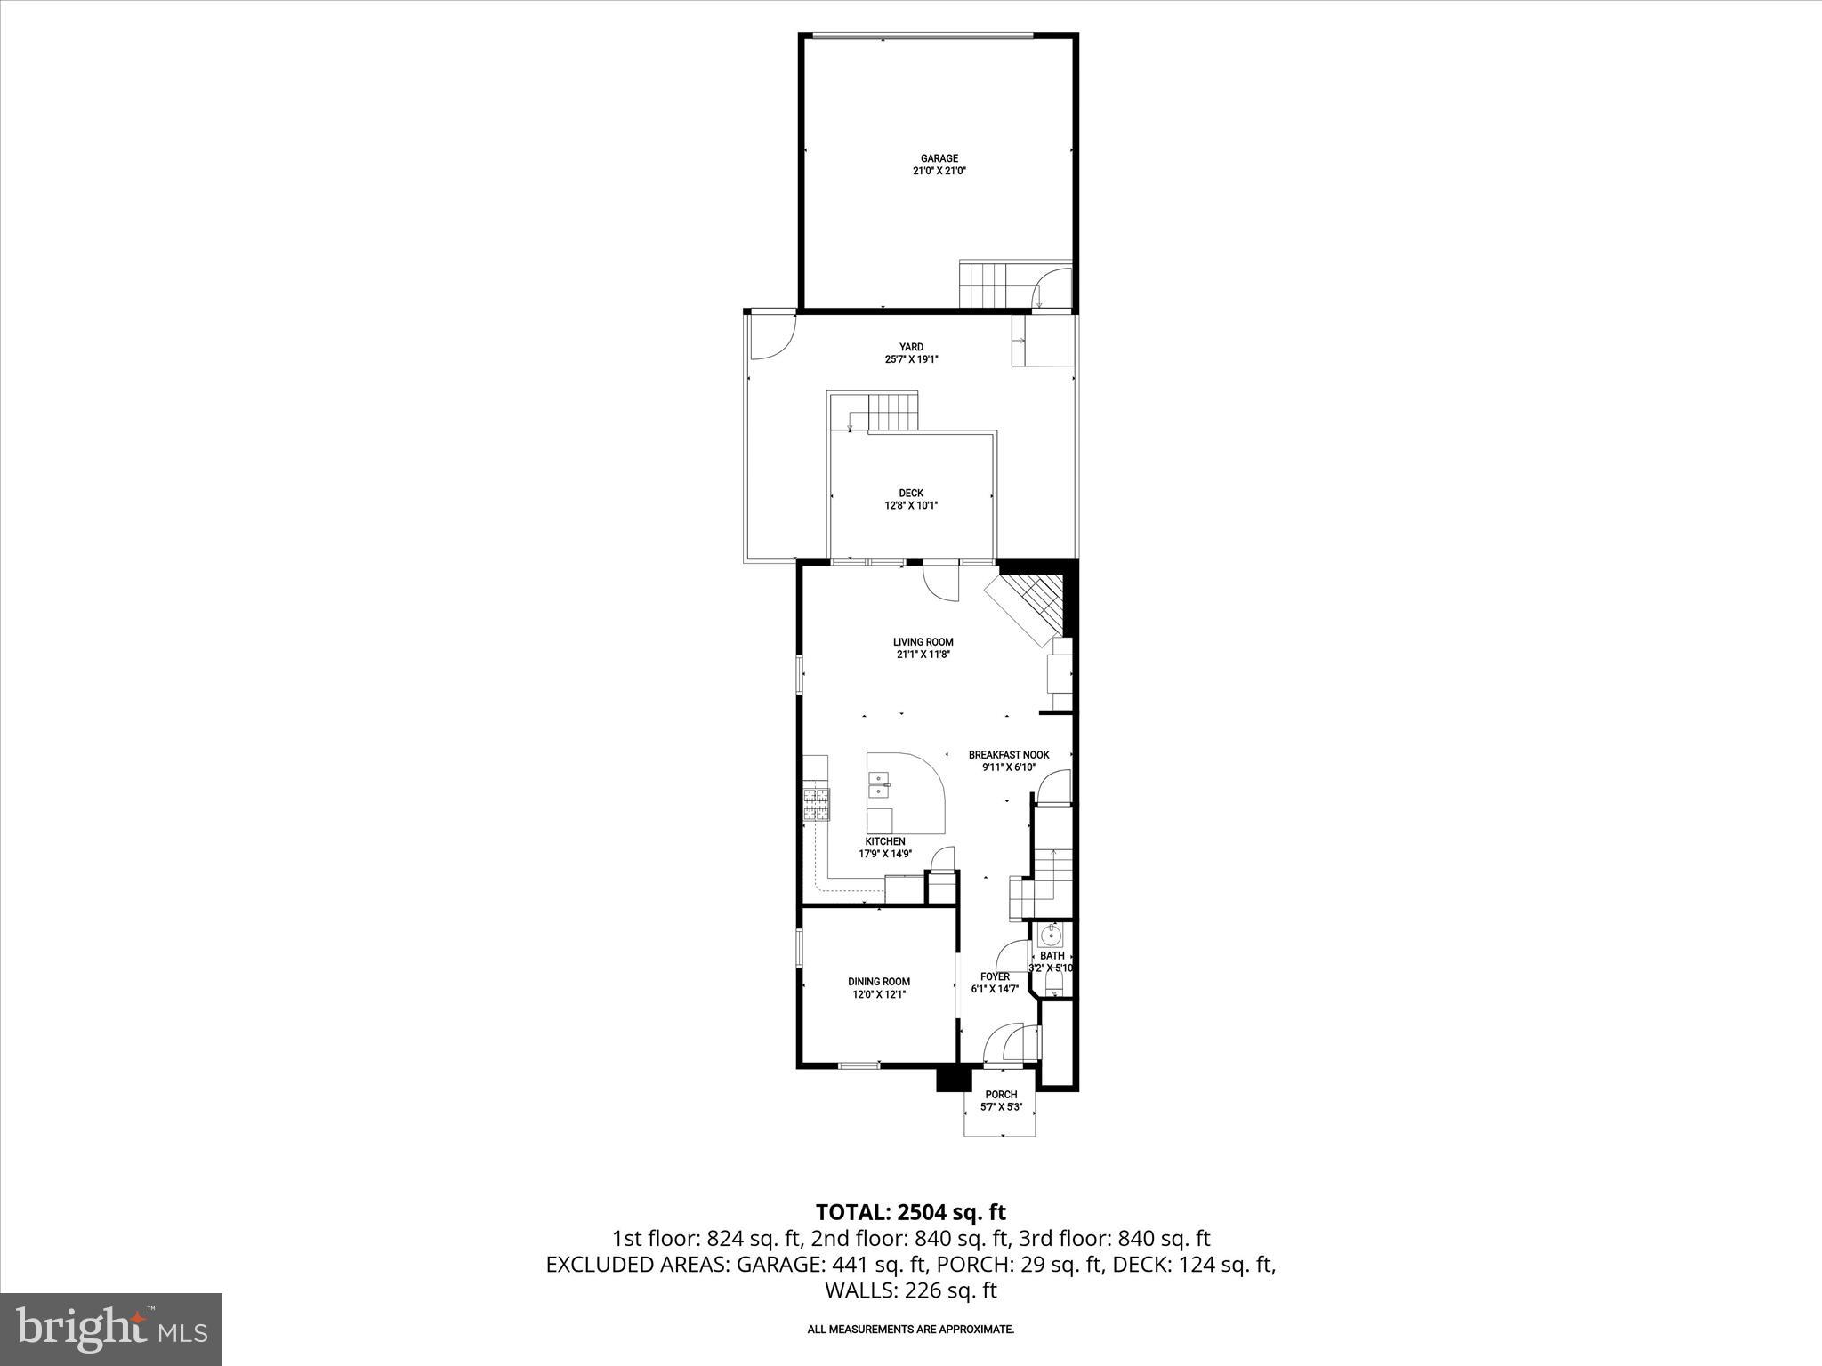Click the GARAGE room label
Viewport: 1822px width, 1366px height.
pos(939,158)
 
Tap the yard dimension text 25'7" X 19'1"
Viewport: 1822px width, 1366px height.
pos(910,359)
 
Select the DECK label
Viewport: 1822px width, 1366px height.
pos(910,493)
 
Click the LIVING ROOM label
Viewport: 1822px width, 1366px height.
pos(923,642)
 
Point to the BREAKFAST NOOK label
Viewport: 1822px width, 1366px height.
pos(1008,755)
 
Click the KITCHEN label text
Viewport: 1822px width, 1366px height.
pos(885,841)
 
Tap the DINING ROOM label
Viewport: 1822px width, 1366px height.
pos(878,982)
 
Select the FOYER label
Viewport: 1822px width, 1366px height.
pos(994,976)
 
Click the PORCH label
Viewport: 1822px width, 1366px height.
pos(1001,1095)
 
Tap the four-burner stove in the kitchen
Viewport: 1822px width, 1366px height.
pos(193,804)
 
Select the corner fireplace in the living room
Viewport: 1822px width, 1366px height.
pos(1030,605)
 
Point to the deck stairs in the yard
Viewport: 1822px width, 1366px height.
pos(891,412)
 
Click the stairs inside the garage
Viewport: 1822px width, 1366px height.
pos(985,284)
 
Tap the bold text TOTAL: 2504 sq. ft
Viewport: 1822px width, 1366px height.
pos(910,1212)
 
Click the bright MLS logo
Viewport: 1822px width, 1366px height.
pos(111,1329)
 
